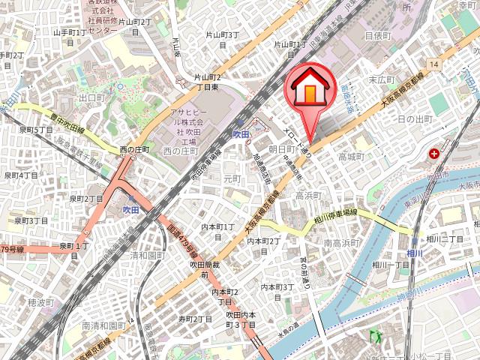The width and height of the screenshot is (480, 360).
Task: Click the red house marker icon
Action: pos(308,87)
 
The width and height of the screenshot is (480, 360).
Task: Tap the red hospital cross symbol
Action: pos(434,154)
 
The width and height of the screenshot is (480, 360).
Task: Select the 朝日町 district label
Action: pos(281,150)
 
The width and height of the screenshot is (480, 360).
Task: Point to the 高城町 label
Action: pos(350,157)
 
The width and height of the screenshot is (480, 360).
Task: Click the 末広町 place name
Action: pos(381,79)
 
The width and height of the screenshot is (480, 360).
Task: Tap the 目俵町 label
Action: pos(377,35)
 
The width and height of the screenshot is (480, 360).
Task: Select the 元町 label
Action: pos(232,179)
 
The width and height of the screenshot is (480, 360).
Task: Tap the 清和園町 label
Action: pos(147,255)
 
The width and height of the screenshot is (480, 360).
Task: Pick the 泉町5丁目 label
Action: pos(35,130)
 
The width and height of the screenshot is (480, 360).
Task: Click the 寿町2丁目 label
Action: pos(195,319)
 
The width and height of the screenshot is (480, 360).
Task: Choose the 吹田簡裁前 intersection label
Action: pos(203,270)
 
